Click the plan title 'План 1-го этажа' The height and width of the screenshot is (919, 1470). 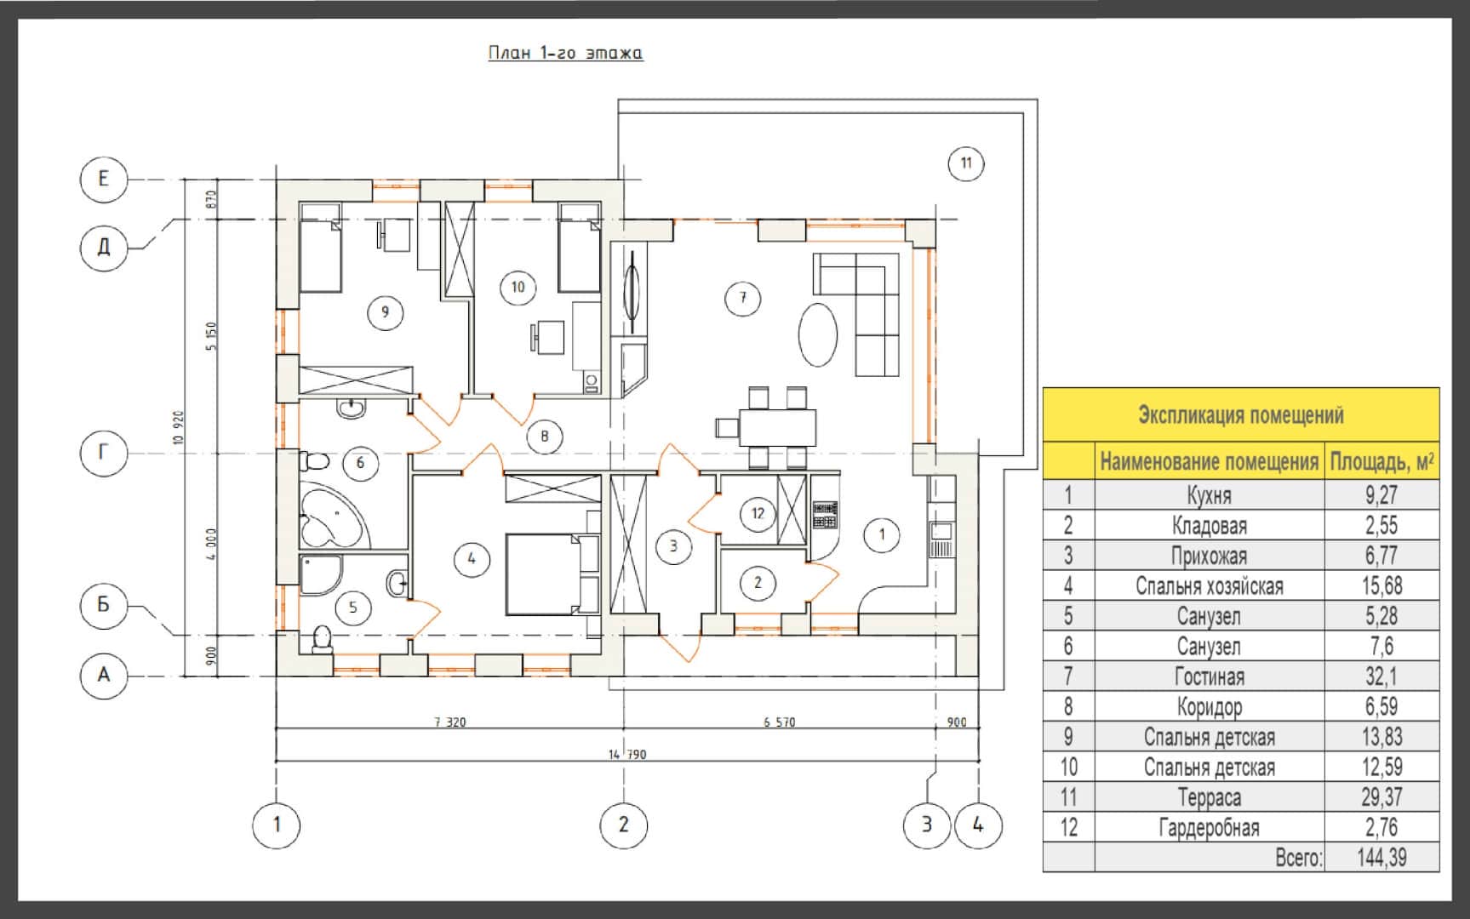coord(565,53)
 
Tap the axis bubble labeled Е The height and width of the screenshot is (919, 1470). coord(104,179)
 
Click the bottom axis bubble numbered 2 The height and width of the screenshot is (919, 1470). coord(624,824)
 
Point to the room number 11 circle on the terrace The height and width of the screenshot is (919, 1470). coord(966,163)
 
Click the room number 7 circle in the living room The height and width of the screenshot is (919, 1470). coord(743,298)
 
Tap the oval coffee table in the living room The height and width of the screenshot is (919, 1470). coord(818,334)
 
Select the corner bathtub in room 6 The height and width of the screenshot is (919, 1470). coord(334,515)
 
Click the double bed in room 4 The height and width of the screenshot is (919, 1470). coord(553,574)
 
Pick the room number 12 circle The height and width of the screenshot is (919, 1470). coord(758,513)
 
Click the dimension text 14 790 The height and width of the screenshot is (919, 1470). coord(626,754)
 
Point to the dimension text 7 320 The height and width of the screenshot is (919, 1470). coord(450,722)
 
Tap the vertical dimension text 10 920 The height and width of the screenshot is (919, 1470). coord(178,427)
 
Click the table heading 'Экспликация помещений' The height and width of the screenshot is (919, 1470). coord(1241,415)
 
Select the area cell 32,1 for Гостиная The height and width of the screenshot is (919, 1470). coord(1381,676)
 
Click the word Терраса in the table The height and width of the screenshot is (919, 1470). coord(1210,797)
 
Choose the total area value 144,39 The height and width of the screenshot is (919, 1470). coord(1381,858)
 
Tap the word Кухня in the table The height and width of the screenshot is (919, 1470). coord(1210,495)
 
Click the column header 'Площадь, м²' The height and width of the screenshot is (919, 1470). coord(1381,462)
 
